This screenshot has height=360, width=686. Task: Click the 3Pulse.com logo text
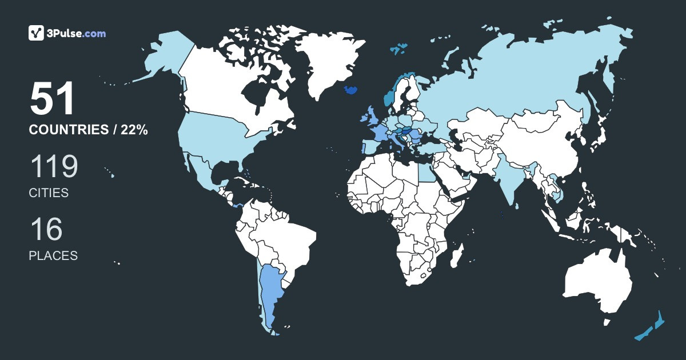coord(75,34)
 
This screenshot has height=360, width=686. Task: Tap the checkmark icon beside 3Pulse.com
coord(37,33)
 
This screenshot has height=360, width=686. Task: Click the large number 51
coord(53,99)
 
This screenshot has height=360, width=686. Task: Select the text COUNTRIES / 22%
coord(89,130)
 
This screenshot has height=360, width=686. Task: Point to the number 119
coord(54,167)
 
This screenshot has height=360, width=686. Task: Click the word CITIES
coord(49,193)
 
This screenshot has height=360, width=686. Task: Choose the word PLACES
coord(53,256)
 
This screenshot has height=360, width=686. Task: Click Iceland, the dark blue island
coord(351,90)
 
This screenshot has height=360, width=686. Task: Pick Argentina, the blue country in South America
coord(270,291)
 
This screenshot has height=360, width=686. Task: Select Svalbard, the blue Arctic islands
coord(398,49)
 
